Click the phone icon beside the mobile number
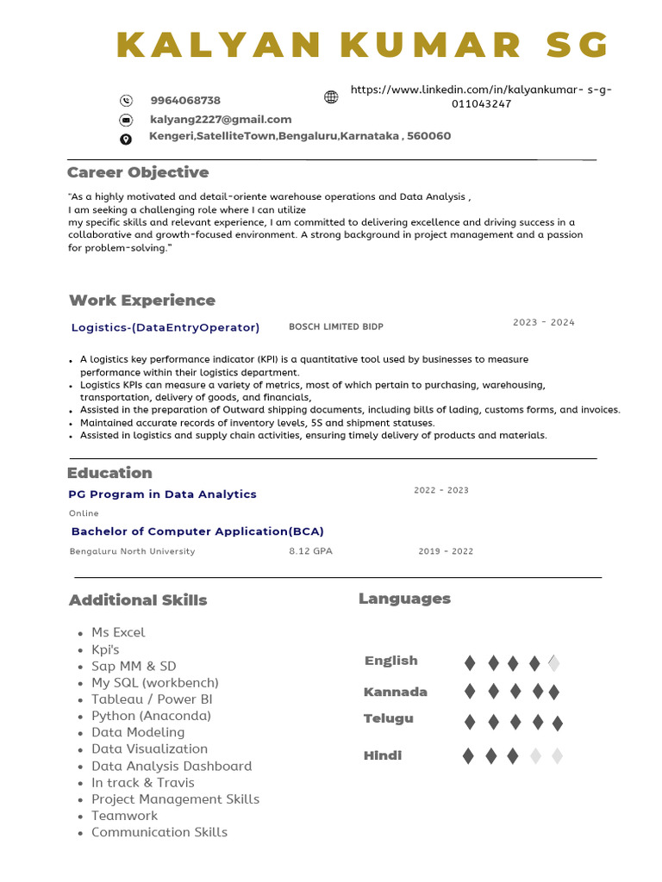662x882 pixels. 127,101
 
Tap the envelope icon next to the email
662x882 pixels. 126,120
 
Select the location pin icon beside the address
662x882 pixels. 126,140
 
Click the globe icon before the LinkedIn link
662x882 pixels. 331,96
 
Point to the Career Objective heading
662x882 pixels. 138,172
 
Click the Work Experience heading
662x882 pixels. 142,301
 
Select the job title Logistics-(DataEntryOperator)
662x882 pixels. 165,327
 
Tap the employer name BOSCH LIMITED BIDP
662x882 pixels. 336,327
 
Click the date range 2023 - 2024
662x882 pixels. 543,323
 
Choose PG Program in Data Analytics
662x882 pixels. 163,494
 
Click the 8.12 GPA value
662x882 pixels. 310,551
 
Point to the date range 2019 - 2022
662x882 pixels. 446,551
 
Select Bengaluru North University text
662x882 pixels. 133,551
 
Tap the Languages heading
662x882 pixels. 404,599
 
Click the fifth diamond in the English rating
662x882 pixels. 554,662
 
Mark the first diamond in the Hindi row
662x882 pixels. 468,756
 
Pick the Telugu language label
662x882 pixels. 389,718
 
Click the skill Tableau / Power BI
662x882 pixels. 152,699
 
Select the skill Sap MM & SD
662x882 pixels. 134,666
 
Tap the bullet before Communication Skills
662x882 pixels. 79,834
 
